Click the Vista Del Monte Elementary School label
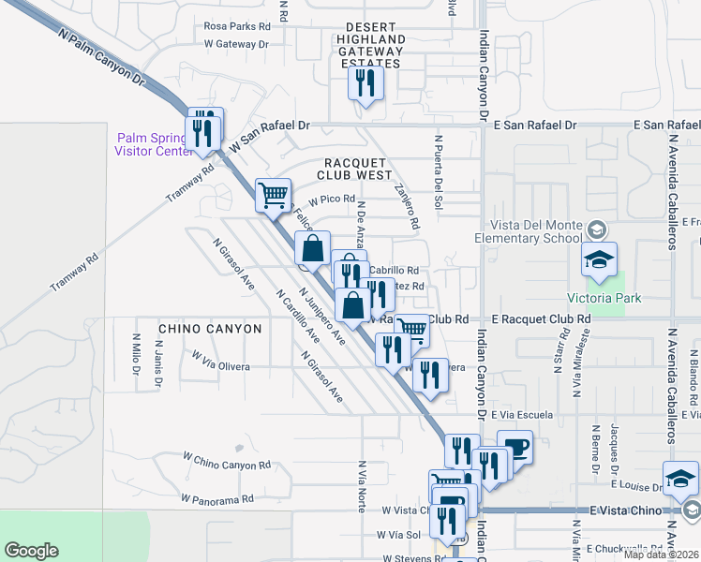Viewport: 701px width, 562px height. (x=536, y=231)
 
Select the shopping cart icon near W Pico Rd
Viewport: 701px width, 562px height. (x=273, y=196)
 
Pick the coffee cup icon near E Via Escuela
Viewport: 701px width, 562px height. (x=515, y=447)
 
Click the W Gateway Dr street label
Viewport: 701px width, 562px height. (x=236, y=44)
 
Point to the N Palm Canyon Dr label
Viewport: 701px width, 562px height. (x=103, y=57)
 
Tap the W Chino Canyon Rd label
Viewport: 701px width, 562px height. (x=226, y=462)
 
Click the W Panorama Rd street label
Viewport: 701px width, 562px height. (x=217, y=499)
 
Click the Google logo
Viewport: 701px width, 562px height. (x=31, y=551)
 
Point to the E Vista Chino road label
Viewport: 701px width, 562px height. (x=625, y=510)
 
